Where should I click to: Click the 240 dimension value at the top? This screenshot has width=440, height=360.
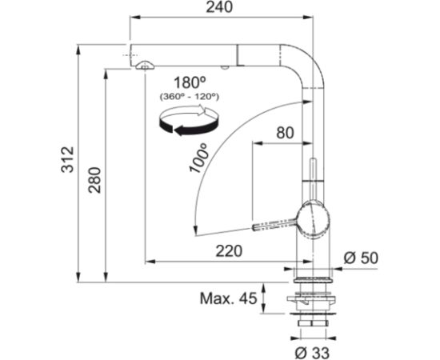[x=219, y=7]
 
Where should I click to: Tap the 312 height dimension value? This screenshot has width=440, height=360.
[x=68, y=159]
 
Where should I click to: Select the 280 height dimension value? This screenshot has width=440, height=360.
[x=94, y=180]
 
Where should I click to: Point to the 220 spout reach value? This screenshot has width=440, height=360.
[x=229, y=251]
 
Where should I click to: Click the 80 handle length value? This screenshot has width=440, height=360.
[x=285, y=133]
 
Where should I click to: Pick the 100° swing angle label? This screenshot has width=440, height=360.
[x=199, y=158]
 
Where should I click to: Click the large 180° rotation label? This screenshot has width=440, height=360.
[x=190, y=82]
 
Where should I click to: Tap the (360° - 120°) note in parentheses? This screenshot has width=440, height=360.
[x=190, y=97]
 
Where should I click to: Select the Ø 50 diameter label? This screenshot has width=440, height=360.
[x=361, y=258]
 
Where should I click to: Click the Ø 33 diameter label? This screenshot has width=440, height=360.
[x=312, y=353]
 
